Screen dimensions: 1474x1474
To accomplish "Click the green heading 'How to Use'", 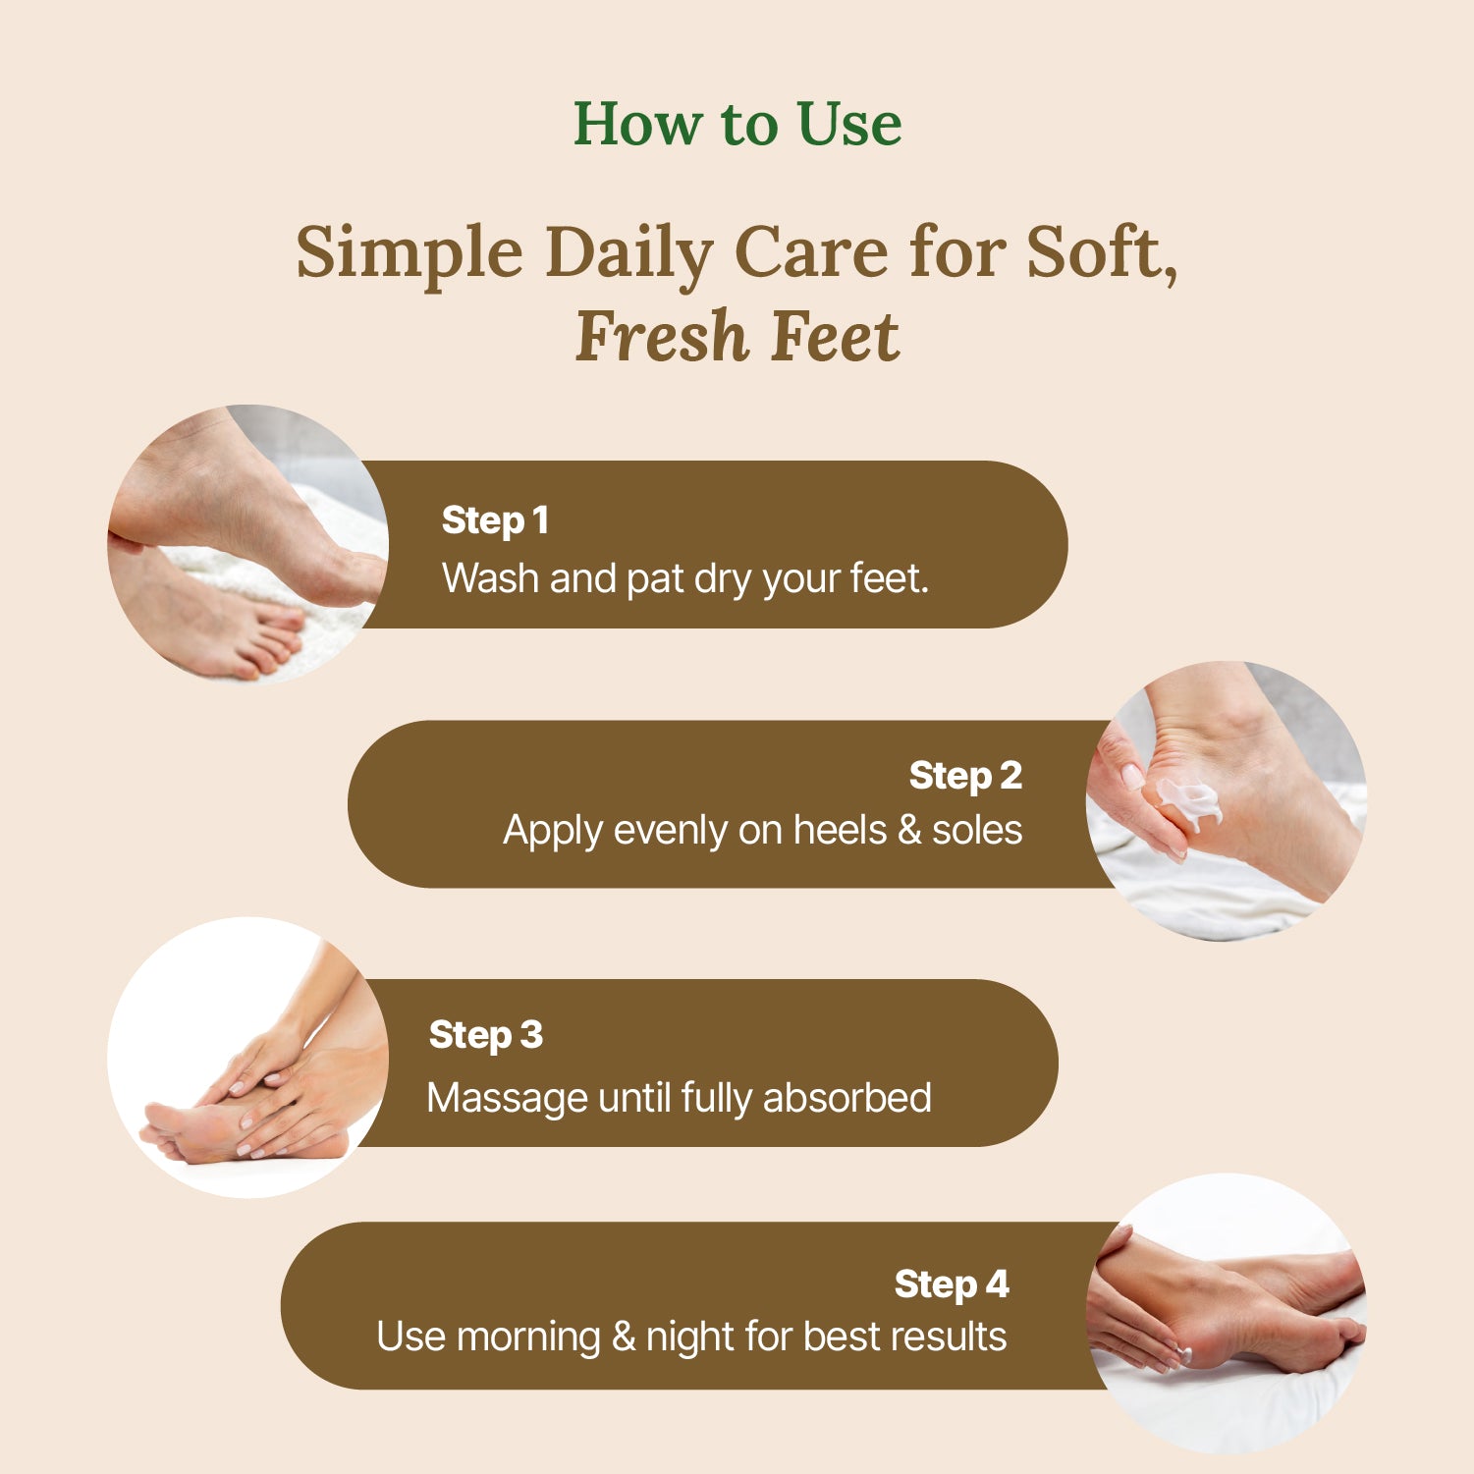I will (x=737, y=124).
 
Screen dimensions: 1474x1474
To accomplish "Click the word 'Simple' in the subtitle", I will (x=409, y=254).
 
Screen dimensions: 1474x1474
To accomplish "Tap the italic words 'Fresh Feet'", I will (x=737, y=337).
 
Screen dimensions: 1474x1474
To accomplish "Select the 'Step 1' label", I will (x=495, y=520).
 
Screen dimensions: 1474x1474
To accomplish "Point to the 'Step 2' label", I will (x=965, y=776).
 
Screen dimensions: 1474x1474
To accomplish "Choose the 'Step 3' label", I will (x=486, y=1035).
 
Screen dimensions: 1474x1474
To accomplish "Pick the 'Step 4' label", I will (x=952, y=1284).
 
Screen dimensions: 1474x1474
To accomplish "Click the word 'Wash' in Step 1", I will (x=491, y=578).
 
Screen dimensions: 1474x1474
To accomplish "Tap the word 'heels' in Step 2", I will (x=840, y=831).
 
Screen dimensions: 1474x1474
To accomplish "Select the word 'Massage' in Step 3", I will (x=507, y=1099).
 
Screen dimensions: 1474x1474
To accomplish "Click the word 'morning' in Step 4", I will (x=528, y=1338).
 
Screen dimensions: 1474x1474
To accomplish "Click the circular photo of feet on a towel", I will (x=247, y=544).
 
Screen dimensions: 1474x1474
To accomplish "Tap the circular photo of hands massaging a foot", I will (x=247, y=1058).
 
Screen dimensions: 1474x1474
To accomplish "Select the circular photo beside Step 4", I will (x=1227, y=1313).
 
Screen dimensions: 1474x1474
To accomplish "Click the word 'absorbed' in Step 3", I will (x=846, y=1098).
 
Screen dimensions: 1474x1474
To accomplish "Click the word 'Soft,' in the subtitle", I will (x=1101, y=254).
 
